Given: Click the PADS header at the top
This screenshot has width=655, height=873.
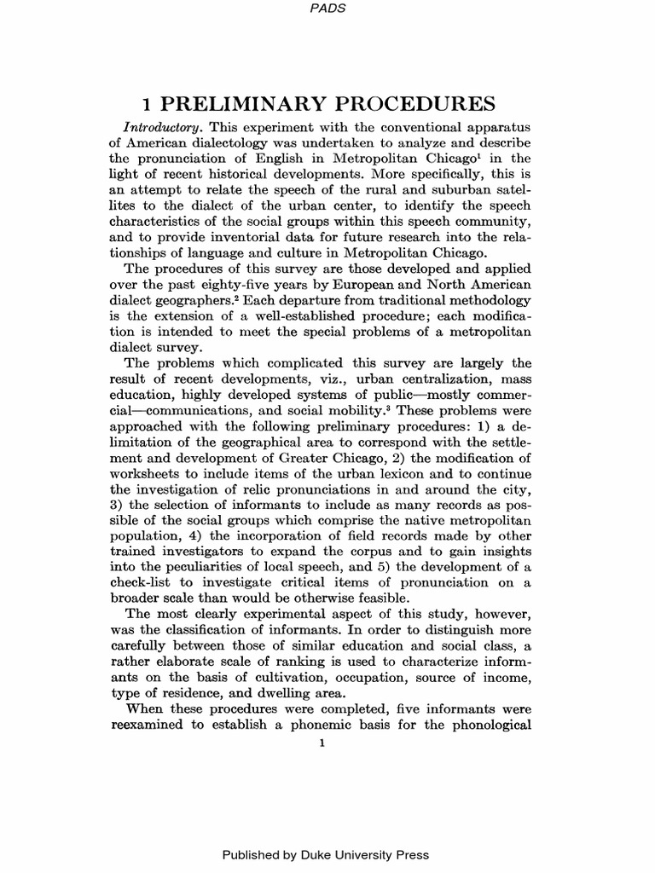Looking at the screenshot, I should [327, 8].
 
